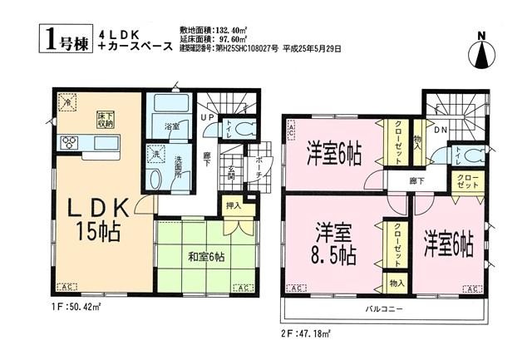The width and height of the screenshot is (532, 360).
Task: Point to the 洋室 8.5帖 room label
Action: click(335, 241)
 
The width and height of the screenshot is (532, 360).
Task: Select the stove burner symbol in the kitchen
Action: click(67, 143)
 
